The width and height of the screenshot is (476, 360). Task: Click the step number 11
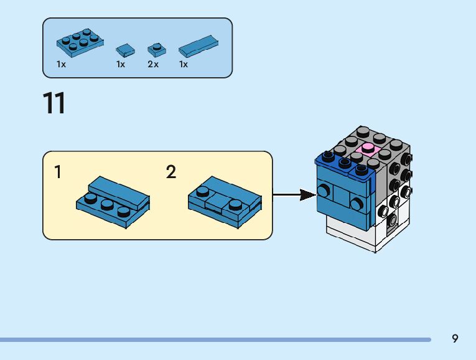pyautogui.click(x=54, y=103)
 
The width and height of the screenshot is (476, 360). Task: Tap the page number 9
pyautogui.click(x=455, y=339)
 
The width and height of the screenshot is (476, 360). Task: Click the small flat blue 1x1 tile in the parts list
pyautogui.click(x=125, y=49)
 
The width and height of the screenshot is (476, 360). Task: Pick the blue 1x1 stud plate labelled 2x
pyautogui.click(x=154, y=48)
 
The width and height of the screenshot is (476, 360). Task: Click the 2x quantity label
pyautogui.click(x=153, y=64)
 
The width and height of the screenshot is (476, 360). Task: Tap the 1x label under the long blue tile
pyautogui.click(x=184, y=64)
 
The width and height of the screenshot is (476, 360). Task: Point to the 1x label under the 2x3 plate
pyautogui.click(x=61, y=64)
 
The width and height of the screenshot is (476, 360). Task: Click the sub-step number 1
pyautogui.click(x=58, y=173)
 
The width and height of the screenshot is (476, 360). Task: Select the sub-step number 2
pyautogui.click(x=171, y=173)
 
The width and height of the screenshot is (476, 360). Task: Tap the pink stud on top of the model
pyautogui.click(x=368, y=149)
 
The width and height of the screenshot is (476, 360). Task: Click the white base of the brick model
pyautogui.click(x=361, y=240)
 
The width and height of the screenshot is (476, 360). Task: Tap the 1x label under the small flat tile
pyautogui.click(x=121, y=64)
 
